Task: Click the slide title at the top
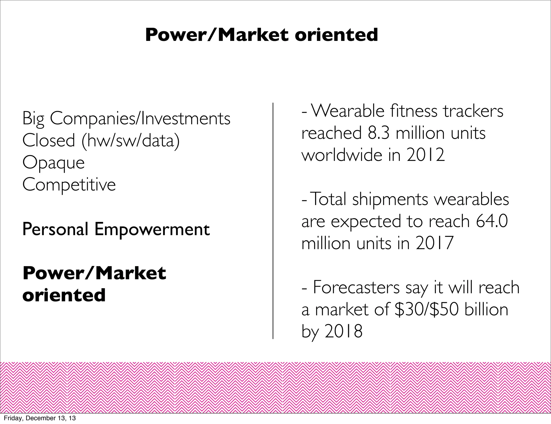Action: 262,35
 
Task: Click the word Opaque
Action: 53,163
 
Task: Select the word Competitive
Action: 69,185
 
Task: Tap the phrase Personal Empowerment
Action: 116,229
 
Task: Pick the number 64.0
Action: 492,221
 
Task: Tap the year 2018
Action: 344,331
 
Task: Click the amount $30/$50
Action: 426,310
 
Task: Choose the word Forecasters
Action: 356,288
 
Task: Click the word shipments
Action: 390,200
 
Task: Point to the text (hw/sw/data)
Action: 131,141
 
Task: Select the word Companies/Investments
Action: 140,119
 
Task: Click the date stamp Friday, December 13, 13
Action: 40,418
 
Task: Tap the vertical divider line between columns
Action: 273,221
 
